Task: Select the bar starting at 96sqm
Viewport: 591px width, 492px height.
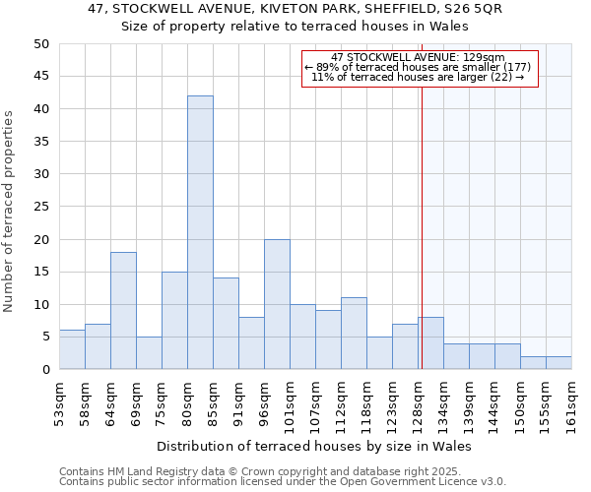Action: pyautogui.click(x=277, y=304)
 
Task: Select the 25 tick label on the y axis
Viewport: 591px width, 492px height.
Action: pyautogui.click(x=40, y=207)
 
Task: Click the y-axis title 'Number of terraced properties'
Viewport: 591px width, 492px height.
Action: pyautogui.click(x=9, y=212)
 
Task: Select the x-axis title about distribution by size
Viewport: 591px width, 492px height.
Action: pyautogui.click(x=314, y=446)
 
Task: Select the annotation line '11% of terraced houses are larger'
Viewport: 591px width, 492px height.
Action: pyautogui.click(x=419, y=77)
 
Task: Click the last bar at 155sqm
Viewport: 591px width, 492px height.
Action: pyautogui.click(x=558, y=362)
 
